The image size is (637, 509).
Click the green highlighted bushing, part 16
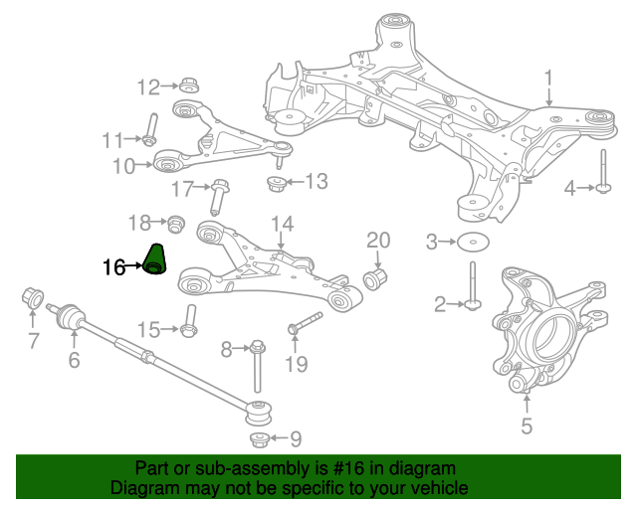coord(155,259)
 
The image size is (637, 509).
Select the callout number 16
coord(113,267)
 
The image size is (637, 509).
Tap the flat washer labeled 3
coord(473,243)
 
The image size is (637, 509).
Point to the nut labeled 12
coord(189,85)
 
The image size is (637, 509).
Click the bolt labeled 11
coord(150,129)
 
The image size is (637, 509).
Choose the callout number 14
coord(282,224)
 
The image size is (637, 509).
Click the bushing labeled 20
coord(374,278)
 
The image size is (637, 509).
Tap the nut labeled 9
coord(259,440)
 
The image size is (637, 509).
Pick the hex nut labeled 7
coord(33,297)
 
